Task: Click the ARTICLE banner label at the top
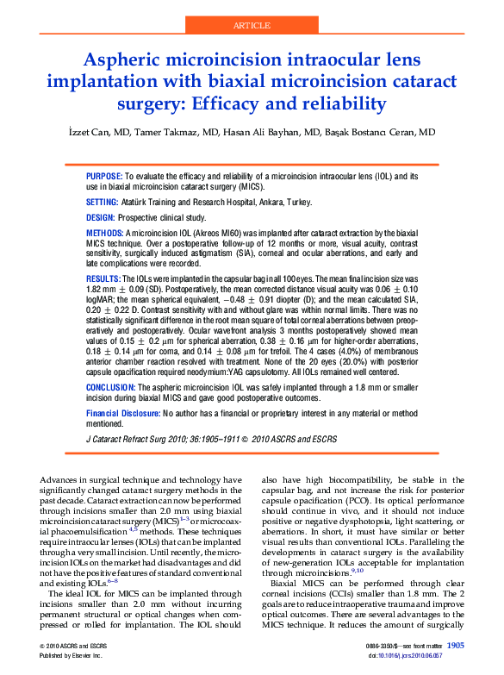(252, 26)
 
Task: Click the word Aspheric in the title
(124, 61)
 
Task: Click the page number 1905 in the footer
(456, 645)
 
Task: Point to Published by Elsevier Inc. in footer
(71, 655)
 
